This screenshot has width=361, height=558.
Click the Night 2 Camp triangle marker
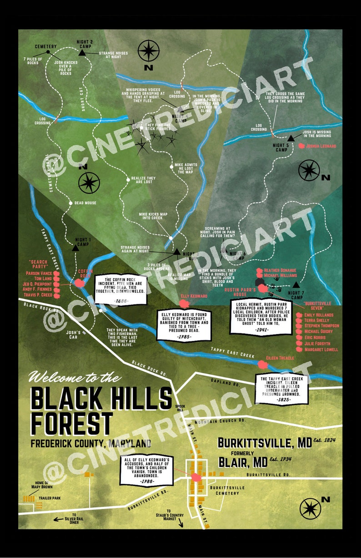click(x=82, y=53)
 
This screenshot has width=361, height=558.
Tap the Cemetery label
click(x=45, y=46)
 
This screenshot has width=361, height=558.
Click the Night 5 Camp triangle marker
click(x=291, y=138)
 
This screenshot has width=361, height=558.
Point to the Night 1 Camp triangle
click(x=75, y=248)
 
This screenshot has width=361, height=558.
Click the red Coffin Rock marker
click(x=80, y=283)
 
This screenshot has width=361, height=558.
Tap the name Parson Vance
click(x=40, y=274)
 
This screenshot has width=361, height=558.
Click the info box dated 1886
click(x=121, y=290)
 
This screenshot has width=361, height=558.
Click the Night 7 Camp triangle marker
click(x=296, y=284)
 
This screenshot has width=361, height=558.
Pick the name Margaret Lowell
click(x=321, y=350)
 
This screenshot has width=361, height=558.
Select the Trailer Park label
click(x=50, y=498)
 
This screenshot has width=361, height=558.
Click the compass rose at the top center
click(x=148, y=51)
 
